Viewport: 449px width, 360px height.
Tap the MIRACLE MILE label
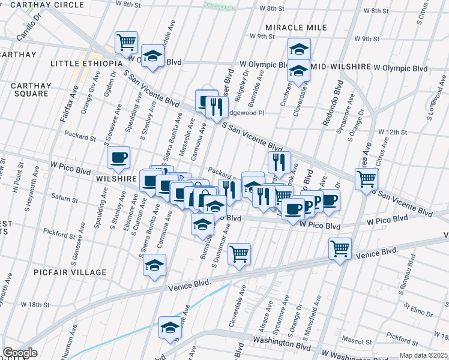296,28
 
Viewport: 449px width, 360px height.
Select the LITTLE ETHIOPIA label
86,64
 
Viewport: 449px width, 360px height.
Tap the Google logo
20,353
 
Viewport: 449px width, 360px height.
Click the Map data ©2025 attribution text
423,355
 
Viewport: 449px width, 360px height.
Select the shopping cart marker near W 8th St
126,42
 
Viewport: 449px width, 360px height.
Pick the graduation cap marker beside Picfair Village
155,265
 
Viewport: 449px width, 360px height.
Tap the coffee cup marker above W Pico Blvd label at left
118,157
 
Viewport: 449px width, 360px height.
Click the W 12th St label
393,132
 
